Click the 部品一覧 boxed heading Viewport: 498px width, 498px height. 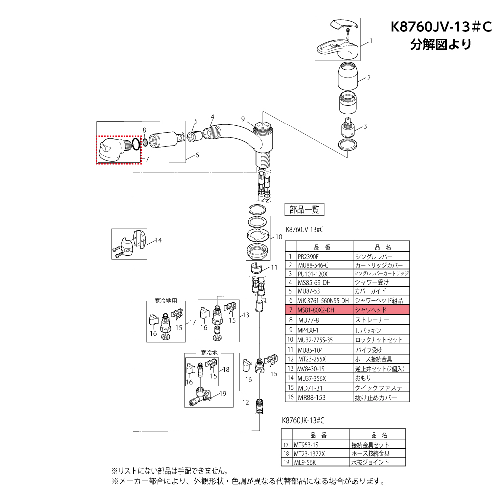[x=304, y=210]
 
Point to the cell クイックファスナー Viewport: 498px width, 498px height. [x=381, y=388]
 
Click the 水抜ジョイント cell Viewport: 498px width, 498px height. [x=372, y=462]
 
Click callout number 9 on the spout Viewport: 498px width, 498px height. [x=243, y=119]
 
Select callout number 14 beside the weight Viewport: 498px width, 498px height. [x=158, y=240]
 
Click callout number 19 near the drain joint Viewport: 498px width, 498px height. [x=222, y=393]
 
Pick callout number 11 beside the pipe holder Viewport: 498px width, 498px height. [x=274, y=267]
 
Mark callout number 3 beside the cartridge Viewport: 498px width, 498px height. [x=365, y=126]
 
